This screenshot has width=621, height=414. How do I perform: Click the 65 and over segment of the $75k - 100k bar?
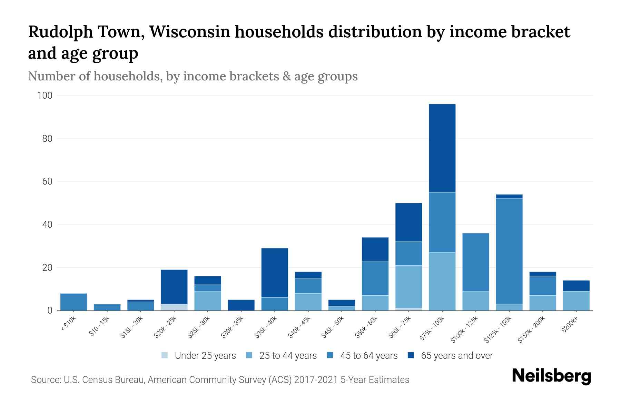coord(442,148)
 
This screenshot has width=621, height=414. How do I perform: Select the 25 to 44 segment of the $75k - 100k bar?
coord(442,281)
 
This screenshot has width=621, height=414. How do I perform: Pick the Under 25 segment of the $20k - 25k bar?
coord(174,307)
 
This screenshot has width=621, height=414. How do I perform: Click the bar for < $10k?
coord(73,302)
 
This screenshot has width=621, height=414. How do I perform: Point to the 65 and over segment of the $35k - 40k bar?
coord(275,273)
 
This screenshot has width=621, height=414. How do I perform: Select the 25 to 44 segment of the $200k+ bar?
coord(576,301)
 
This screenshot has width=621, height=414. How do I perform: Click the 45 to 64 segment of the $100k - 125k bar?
coord(475,262)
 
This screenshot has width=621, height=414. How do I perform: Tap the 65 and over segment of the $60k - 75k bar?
coord(408,222)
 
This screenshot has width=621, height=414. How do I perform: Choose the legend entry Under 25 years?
coord(199,356)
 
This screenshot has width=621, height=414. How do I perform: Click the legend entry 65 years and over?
coord(450,356)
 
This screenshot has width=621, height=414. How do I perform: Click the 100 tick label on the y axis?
coord(45,96)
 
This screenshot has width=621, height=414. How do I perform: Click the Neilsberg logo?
coord(551,376)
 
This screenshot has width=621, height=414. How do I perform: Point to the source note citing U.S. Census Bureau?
coord(220,380)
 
